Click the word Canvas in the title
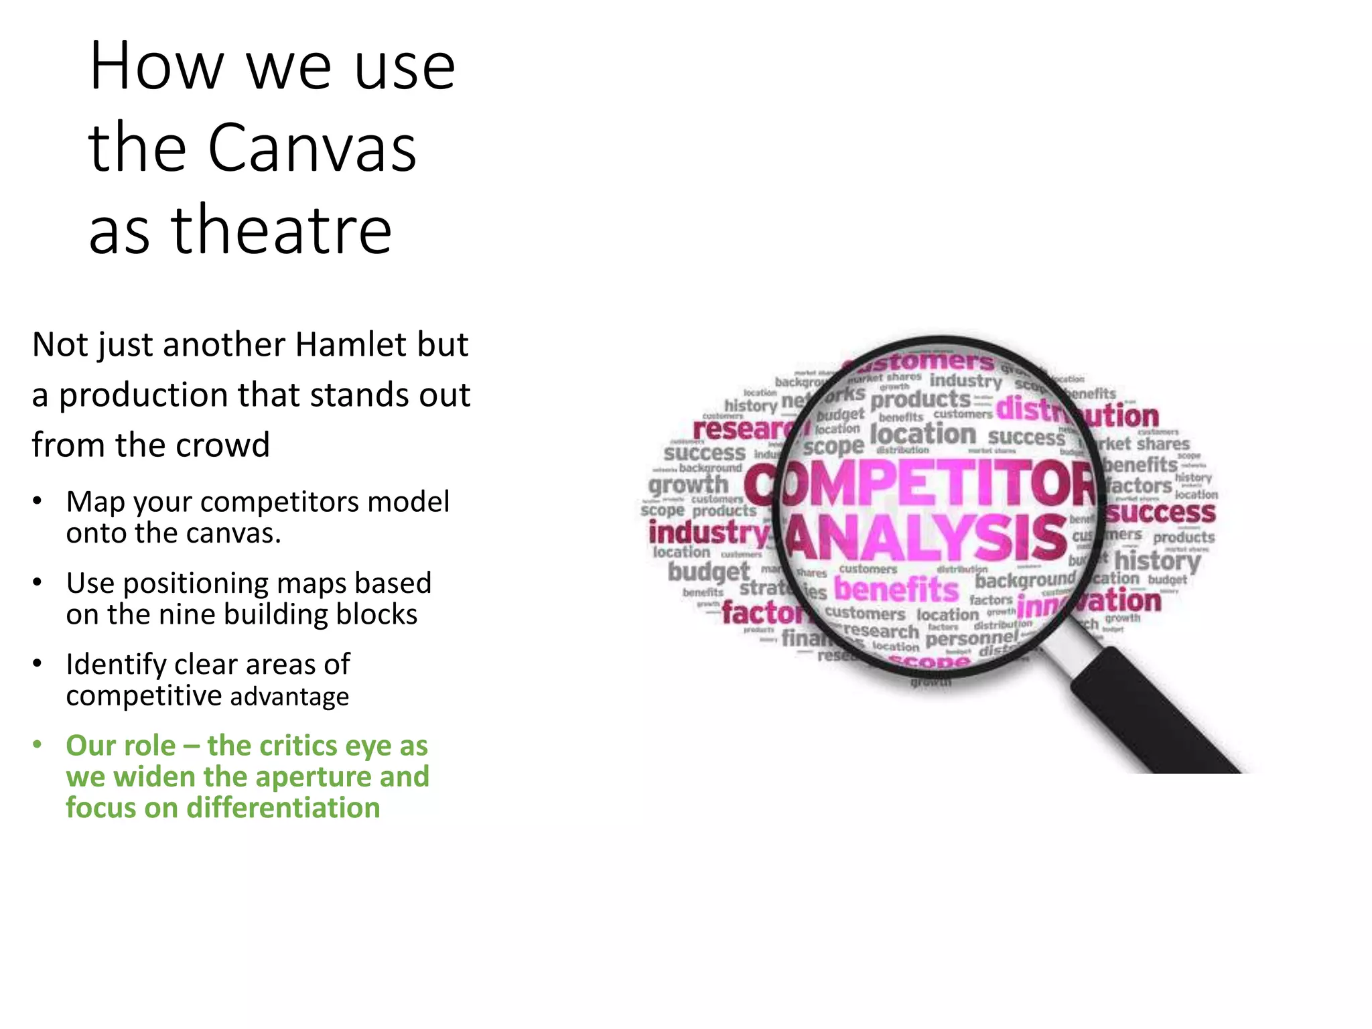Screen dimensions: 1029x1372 [x=312, y=147]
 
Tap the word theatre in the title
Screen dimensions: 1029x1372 [x=281, y=230]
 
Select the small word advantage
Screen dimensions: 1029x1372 [x=289, y=697]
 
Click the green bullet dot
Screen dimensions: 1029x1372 [x=38, y=745]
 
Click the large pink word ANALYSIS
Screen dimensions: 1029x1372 [x=926, y=537]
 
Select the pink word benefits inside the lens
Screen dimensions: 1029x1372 [x=896, y=590]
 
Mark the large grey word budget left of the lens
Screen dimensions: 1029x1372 [x=708, y=571]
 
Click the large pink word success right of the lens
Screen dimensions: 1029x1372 [x=1160, y=513]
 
